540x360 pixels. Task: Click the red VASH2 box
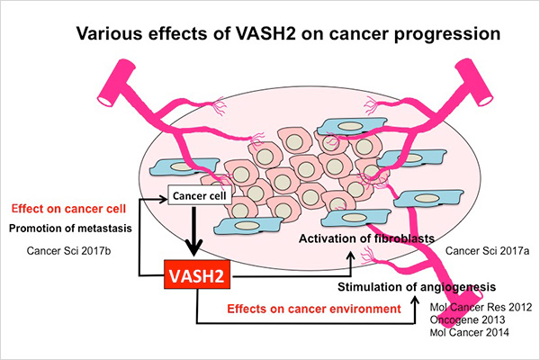tap(197, 274)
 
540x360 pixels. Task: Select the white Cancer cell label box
tap(200, 195)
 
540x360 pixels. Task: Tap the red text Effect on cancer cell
tap(68, 209)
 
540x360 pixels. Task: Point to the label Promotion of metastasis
tap(70, 228)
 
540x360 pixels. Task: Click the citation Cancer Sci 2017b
tap(68, 250)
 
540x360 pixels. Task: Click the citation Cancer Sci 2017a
tap(487, 250)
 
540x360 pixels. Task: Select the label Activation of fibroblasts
tap(366, 238)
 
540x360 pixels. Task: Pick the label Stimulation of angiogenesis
tap(417, 287)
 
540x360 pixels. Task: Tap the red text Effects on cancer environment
tap(314, 309)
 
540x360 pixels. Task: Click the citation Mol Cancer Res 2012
tap(481, 307)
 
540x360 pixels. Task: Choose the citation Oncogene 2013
tap(467, 319)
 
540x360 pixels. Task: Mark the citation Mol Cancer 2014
tap(470, 332)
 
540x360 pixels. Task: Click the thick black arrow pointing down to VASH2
tap(193, 231)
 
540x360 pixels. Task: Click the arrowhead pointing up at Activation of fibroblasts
tap(351, 256)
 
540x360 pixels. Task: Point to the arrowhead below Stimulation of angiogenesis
tap(415, 301)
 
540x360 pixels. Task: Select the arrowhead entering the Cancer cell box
tap(164, 199)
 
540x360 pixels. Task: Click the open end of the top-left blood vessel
tap(103, 100)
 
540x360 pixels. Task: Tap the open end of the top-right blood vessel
tap(485, 100)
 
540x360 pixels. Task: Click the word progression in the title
tap(447, 34)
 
